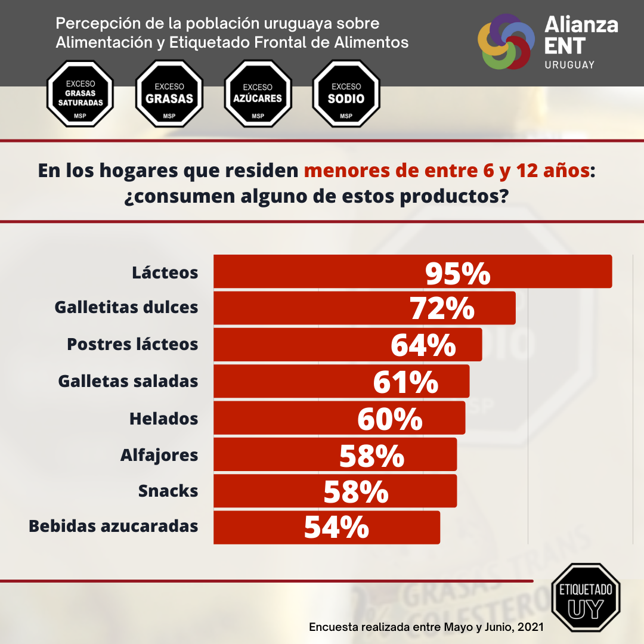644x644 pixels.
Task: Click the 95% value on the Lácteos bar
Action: tap(457, 273)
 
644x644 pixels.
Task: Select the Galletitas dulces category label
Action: tap(126, 308)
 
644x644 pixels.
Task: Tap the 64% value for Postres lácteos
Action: tap(423, 345)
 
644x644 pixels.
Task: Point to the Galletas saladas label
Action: tap(128, 381)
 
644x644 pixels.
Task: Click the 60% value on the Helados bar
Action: tap(390, 419)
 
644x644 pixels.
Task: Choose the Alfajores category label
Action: tap(159, 455)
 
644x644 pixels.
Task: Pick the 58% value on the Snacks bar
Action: tap(356, 493)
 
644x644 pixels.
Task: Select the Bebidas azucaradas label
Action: tap(113, 527)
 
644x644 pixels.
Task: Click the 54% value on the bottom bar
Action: tap(336, 527)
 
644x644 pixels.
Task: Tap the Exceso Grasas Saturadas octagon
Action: tap(80, 94)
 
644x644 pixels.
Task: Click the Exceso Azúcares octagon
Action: tap(258, 94)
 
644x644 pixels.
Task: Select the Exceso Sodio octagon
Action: tap(346, 94)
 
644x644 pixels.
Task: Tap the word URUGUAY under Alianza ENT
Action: tap(569, 64)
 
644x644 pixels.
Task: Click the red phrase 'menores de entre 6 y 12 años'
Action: tap(447, 171)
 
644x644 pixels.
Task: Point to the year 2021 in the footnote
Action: tap(531, 627)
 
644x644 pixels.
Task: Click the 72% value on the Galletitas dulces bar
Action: tap(442, 309)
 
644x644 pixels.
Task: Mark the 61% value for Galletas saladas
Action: tap(405, 382)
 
